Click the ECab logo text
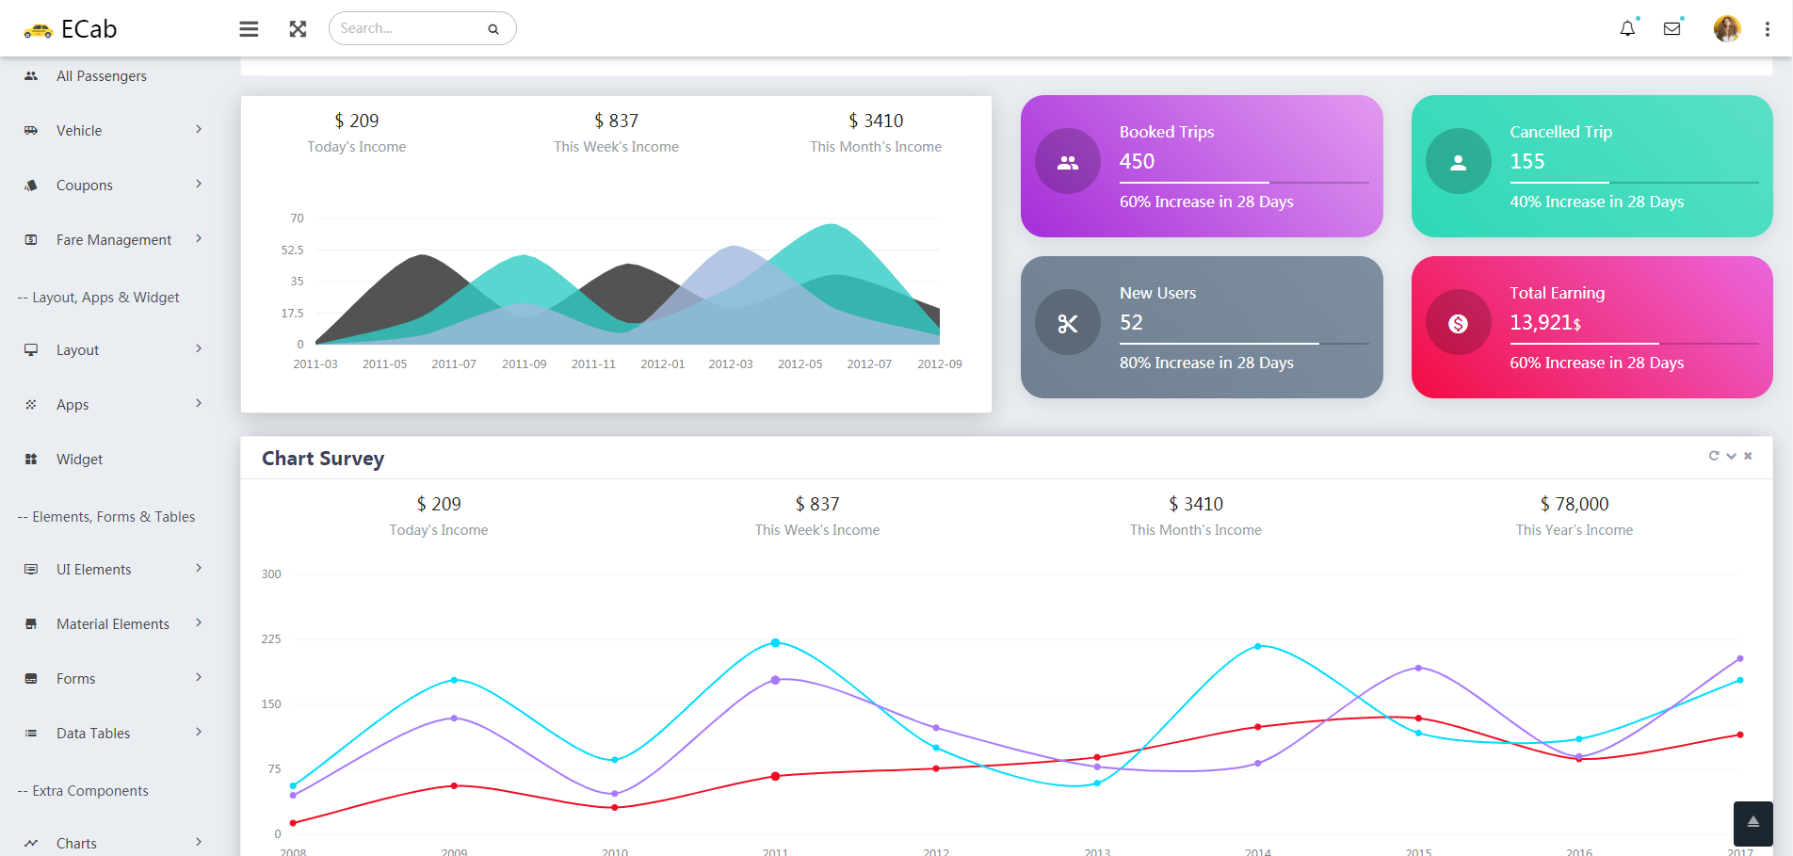[x=89, y=29]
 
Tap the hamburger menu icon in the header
[x=249, y=29]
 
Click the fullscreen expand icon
[x=298, y=29]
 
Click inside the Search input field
[x=410, y=28]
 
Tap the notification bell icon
[x=1627, y=29]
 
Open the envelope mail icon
[x=1672, y=29]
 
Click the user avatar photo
[x=1726, y=29]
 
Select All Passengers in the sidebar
[x=101, y=76]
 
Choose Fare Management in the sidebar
[x=113, y=240]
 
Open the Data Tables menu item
[x=93, y=734]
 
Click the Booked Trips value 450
[x=1137, y=161]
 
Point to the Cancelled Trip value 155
[x=1526, y=161]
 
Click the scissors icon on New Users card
[x=1067, y=324]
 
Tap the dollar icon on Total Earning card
[x=1458, y=324]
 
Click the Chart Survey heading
[x=323, y=459]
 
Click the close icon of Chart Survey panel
[x=1748, y=456]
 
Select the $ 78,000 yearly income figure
[x=1575, y=504]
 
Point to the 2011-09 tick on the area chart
[x=524, y=364]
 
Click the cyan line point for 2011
[x=775, y=643]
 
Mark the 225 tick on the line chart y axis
[x=271, y=639]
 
